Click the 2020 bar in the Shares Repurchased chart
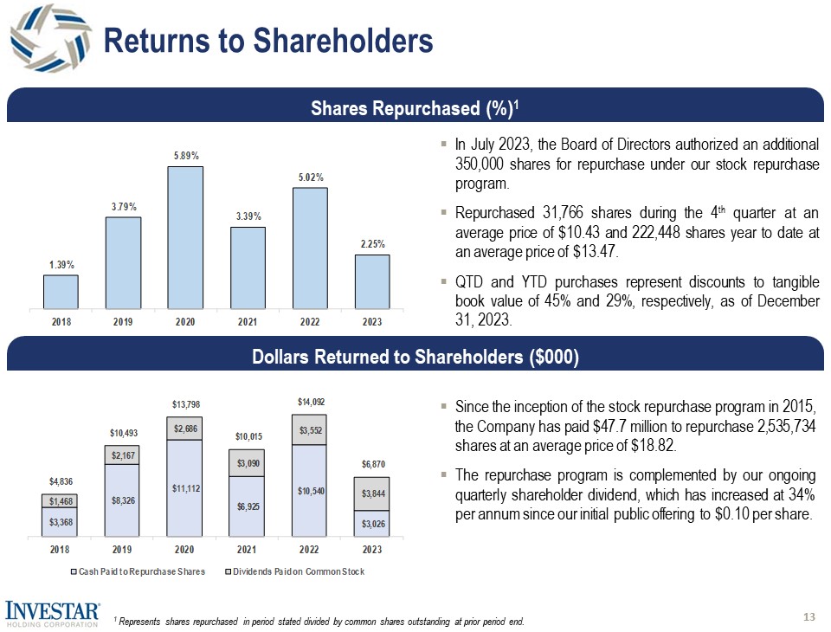coord(185,235)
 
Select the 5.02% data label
coord(309,177)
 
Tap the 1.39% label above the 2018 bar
coord(60,265)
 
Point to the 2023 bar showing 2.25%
coord(372,280)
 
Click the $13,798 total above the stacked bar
coord(185,404)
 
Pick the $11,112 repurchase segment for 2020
coord(185,488)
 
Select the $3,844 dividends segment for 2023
coord(372,493)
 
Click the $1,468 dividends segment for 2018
coord(60,500)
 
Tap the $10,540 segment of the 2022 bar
coord(309,491)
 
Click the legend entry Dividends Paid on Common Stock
coord(294,571)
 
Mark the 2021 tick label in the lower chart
coord(247,550)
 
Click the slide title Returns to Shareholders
coord(267,39)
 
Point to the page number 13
coord(809,616)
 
